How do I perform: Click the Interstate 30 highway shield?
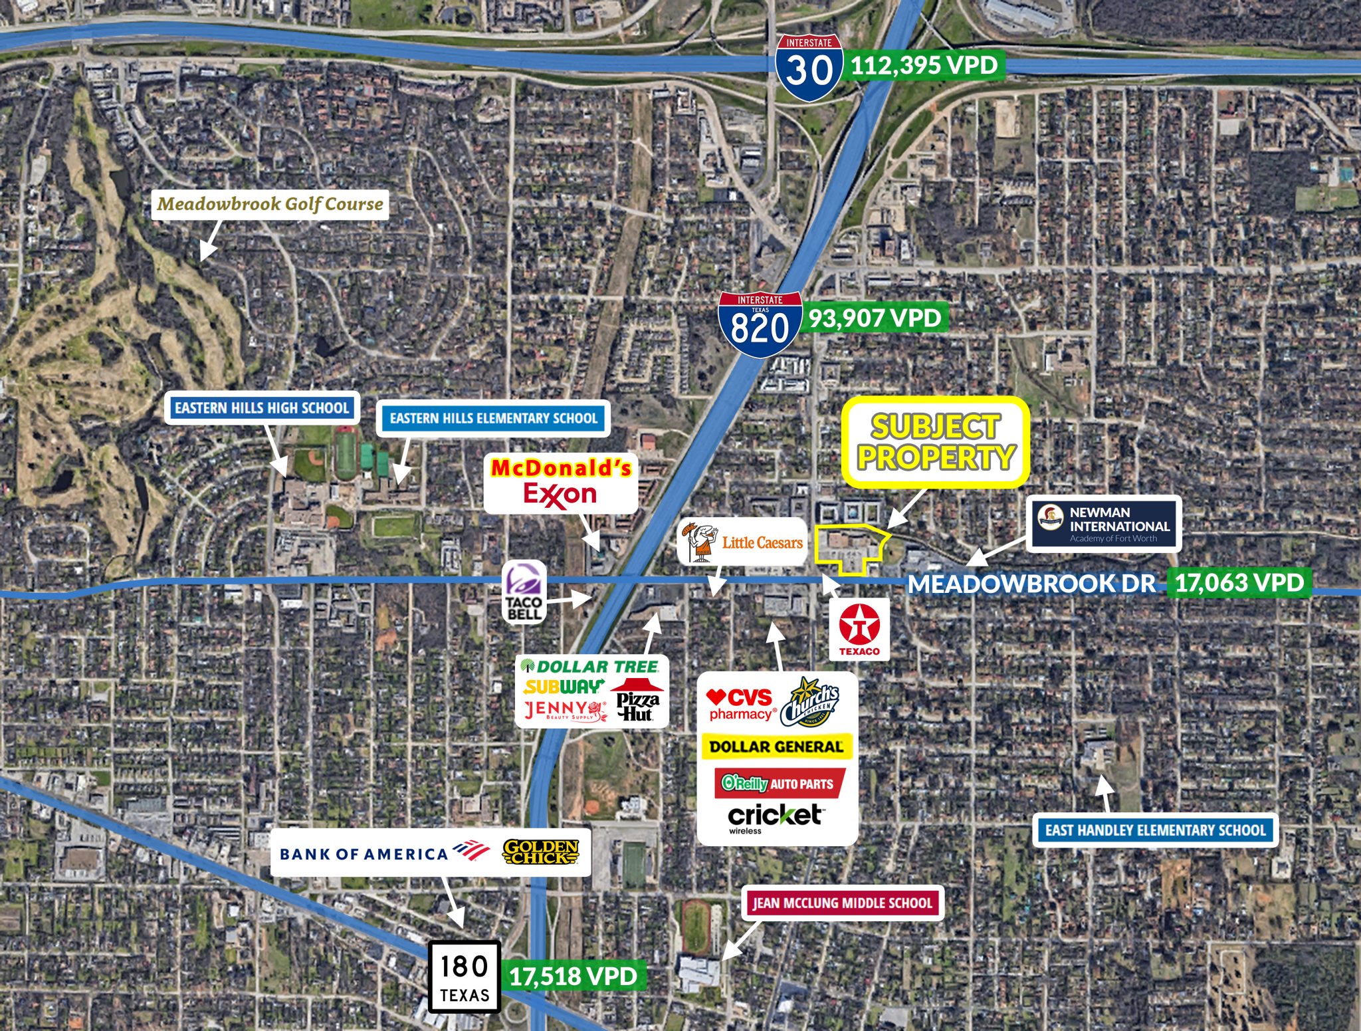click(809, 68)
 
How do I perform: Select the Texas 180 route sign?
click(464, 976)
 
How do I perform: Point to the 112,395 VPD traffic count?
click(924, 65)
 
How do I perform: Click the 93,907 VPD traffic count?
click(875, 318)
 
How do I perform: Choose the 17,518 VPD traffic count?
click(574, 976)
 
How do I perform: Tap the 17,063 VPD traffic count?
click(1239, 583)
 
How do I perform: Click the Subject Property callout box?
click(936, 442)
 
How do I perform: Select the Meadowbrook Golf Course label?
click(270, 204)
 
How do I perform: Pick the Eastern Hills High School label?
click(262, 407)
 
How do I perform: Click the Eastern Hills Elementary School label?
click(493, 418)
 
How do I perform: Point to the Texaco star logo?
click(859, 626)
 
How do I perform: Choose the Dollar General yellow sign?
click(776, 746)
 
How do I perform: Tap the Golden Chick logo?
click(541, 852)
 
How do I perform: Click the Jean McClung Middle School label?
click(842, 903)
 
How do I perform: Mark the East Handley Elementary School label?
click(1155, 830)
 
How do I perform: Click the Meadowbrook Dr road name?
click(1031, 584)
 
